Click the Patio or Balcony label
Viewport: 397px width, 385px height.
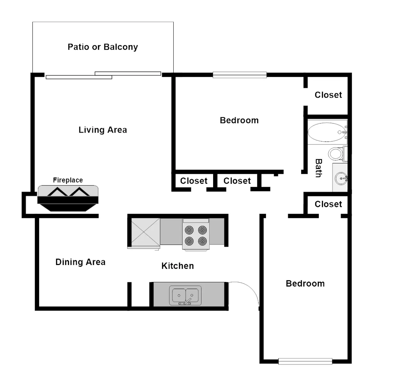(x=103, y=47)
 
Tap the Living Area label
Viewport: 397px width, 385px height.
(x=103, y=130)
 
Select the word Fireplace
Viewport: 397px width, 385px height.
(x=68, y=180)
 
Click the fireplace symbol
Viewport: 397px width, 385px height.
(x=68, y=198)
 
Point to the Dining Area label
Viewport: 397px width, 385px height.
(x=80, y=262)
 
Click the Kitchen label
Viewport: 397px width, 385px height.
(x=178, y=266)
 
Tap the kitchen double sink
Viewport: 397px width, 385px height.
(x=185, y=295)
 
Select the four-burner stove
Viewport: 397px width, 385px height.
(x=196, y=235)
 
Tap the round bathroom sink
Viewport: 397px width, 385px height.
(x=341, y=178)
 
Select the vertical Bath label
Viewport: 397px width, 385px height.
(x=318, y=168)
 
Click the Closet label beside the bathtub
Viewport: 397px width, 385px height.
(x=328, y=95)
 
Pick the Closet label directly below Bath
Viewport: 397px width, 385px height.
(x=328, y=204)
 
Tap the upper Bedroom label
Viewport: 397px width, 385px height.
(x=239, y=120)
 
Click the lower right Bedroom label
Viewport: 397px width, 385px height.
(x=305, y=284)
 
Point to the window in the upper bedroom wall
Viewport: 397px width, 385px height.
(x=240, y=75)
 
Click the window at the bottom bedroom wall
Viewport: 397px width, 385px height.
(x=305, y=361)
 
